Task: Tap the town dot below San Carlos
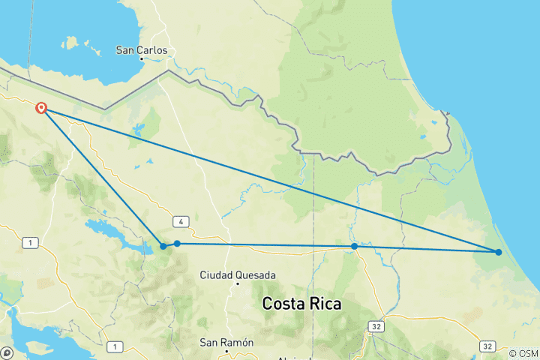click(141, 59)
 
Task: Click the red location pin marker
click(42, 108)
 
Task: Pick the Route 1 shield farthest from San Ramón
click(29, 242)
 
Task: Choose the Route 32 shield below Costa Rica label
click(375, 327)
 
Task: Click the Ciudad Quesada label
click(237, 275)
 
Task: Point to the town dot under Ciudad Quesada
click(238, 284)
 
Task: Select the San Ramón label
click(226, 342)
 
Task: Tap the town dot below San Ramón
click(226, 350)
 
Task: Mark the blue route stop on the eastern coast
click(499, 252)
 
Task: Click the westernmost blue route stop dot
click(163, 246)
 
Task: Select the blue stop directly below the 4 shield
click(177, 243)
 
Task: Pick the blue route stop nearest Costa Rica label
click(354, 246)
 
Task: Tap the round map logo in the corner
click(6, 352)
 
